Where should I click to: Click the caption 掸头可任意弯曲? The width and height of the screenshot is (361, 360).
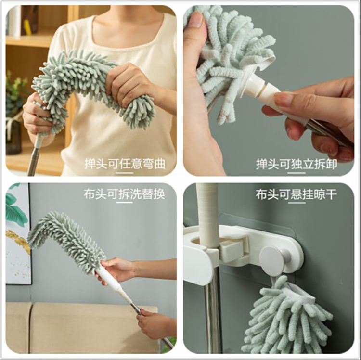point(125,164)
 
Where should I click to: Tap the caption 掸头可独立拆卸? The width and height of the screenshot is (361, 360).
point(297,164)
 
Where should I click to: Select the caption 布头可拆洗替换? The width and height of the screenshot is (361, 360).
point(124,194)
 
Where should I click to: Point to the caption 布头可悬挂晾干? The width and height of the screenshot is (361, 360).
point(297,194)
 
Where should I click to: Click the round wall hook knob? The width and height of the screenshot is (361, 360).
point(273,259)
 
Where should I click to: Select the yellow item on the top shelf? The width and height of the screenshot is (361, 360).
point(27,27)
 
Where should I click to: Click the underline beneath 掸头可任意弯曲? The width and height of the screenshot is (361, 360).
point(125,173)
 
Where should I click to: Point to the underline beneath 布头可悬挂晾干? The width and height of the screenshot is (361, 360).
point(297,203)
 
